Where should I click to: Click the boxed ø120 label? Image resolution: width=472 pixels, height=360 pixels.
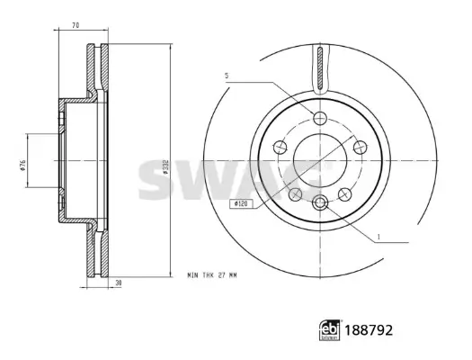click(240, 205)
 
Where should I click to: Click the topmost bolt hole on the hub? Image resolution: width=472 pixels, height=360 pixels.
click(321, 119)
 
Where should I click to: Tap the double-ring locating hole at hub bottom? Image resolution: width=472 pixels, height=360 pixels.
click(321, 205)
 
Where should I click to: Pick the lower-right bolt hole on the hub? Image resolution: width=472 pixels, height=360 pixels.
click(346, 193)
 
